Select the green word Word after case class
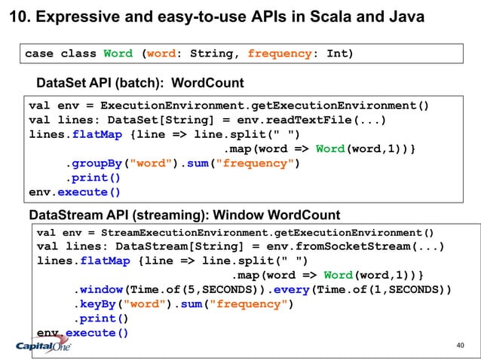point(118,53)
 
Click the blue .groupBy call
point(93,163)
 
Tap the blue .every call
point(287,290)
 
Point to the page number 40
point(461,346)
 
